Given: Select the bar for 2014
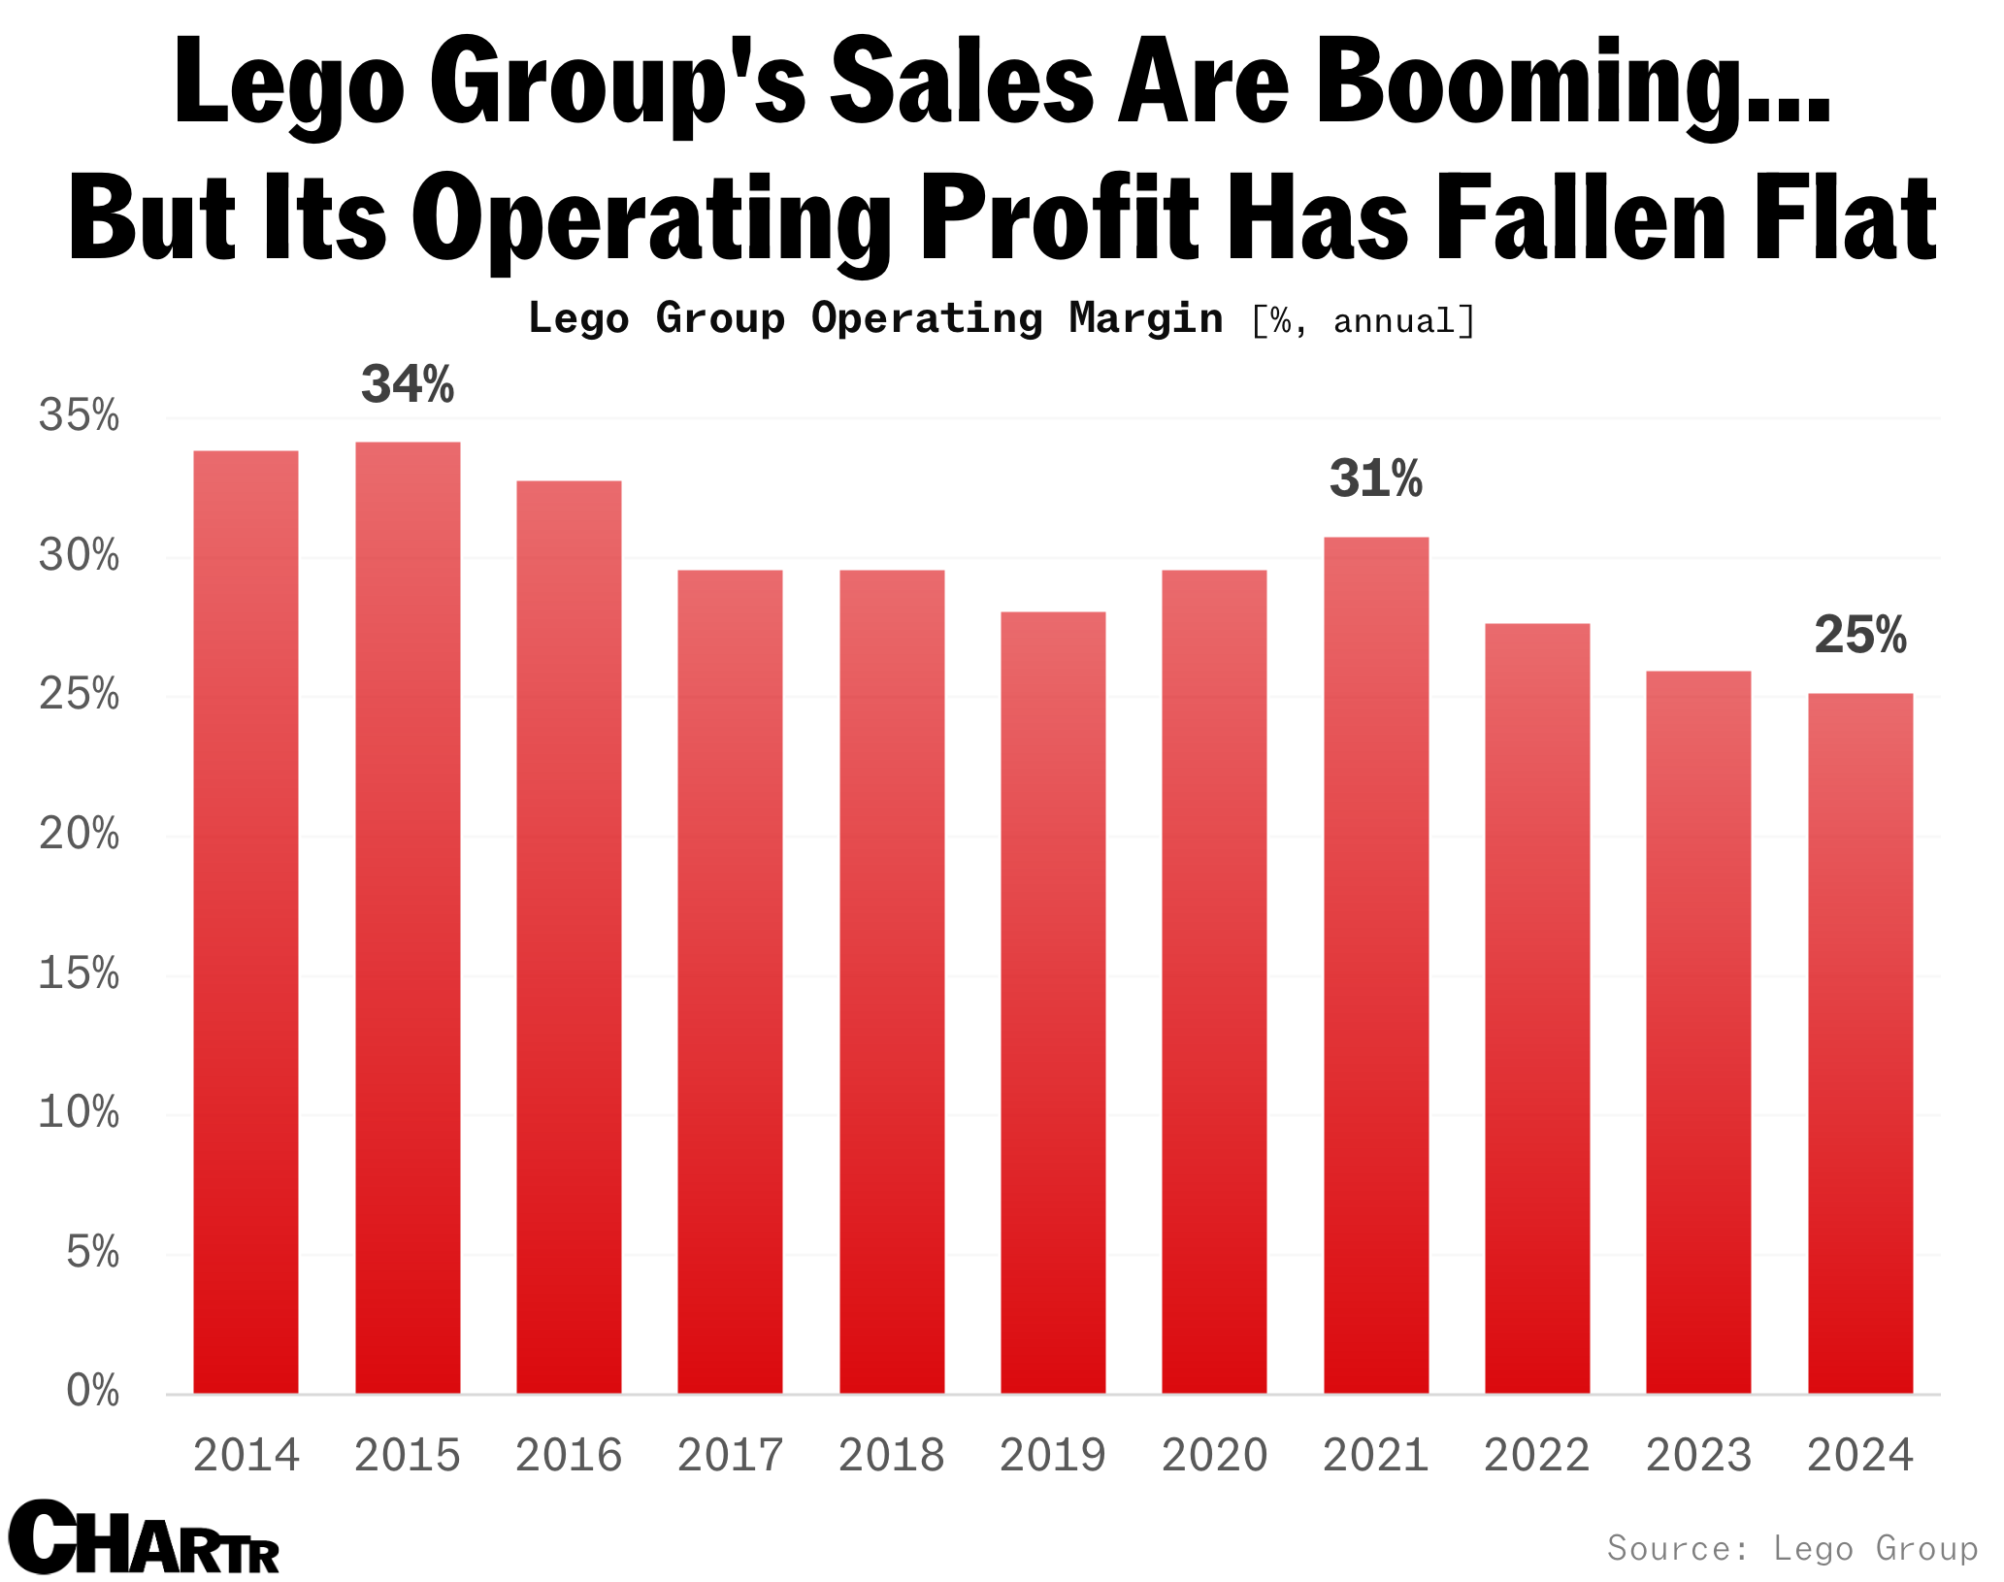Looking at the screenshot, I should point(246,922).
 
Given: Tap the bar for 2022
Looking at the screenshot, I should point(1537,1008).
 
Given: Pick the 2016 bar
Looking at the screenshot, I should point(569,937).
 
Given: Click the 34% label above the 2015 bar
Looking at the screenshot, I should point(408,384).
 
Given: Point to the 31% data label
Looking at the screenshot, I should point(1375,478).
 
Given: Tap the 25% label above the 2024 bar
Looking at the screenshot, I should point(1860,636).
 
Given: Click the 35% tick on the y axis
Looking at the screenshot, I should point(80,416).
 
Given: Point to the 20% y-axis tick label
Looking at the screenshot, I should point(80,835).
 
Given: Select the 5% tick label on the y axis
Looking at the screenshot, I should point(92,1253).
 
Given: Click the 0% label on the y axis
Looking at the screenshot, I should point(92,1392).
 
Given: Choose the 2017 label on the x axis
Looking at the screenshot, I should point(730,1455).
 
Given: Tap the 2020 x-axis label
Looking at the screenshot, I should point(1214,1455).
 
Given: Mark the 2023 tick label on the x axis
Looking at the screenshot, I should point(1698,1455).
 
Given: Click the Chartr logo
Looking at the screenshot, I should point(144,1539).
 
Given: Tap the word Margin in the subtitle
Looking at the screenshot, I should point(1145,319).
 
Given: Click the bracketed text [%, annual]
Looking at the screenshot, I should point(1363,321).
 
